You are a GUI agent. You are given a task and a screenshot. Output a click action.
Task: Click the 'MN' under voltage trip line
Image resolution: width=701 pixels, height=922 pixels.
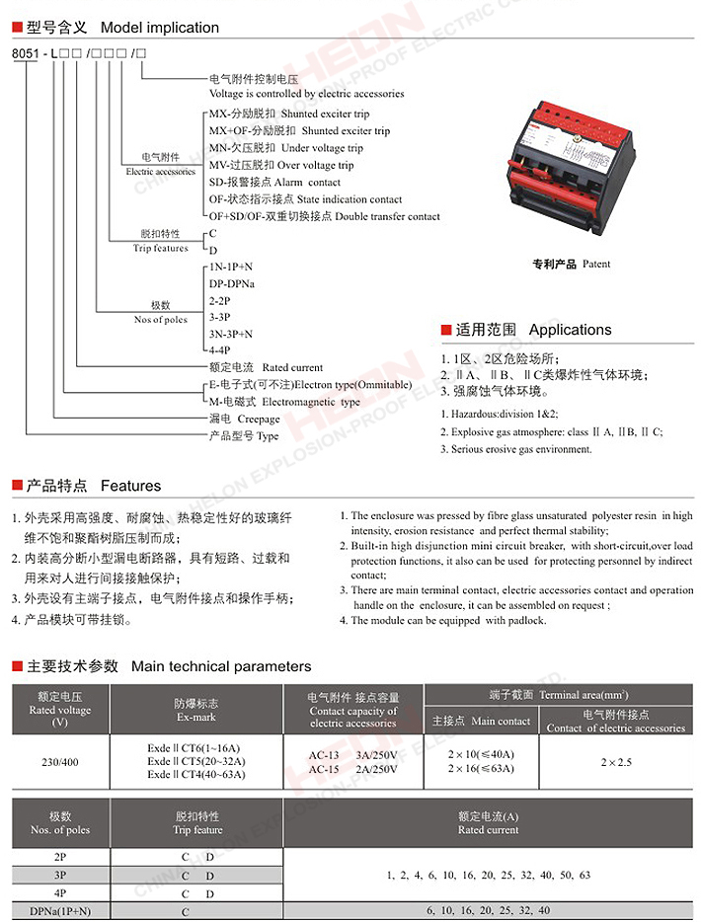coord(285,148)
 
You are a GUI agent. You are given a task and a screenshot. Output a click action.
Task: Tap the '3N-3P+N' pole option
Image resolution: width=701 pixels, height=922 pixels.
coord(230,334)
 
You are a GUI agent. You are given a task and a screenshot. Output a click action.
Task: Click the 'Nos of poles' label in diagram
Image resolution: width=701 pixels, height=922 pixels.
coord(161,320)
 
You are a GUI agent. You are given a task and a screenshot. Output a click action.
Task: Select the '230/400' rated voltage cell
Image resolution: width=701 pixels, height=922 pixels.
coord(60,761)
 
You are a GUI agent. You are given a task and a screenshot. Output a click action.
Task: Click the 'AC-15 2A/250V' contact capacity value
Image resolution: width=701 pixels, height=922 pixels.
coord(352,769)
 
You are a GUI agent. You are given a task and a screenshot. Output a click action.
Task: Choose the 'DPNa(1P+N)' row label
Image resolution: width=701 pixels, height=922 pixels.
coord(60,911)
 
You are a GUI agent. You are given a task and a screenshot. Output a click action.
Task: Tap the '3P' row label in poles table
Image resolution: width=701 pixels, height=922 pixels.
coord(60,876)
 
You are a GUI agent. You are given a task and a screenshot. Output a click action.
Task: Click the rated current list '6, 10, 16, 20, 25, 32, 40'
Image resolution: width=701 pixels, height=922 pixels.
coord(488,911)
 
